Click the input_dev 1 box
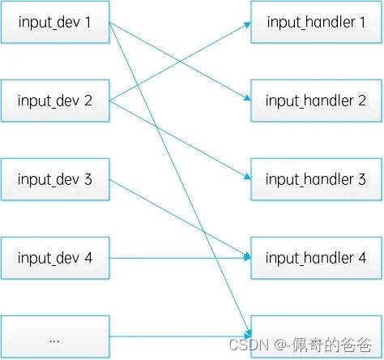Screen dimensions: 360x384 pyautogui.click(x=55, y=23)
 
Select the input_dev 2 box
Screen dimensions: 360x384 pyautogui.click(x=55, y=101)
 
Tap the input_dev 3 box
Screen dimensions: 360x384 pyautogui.click(x=55, y=180)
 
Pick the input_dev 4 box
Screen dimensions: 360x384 pyautogui.click(x=55, y=259)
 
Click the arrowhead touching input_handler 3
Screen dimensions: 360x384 pyautogui.click(x=246, y=178)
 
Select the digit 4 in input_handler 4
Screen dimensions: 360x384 pyautogui.click(x=362, y=259)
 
